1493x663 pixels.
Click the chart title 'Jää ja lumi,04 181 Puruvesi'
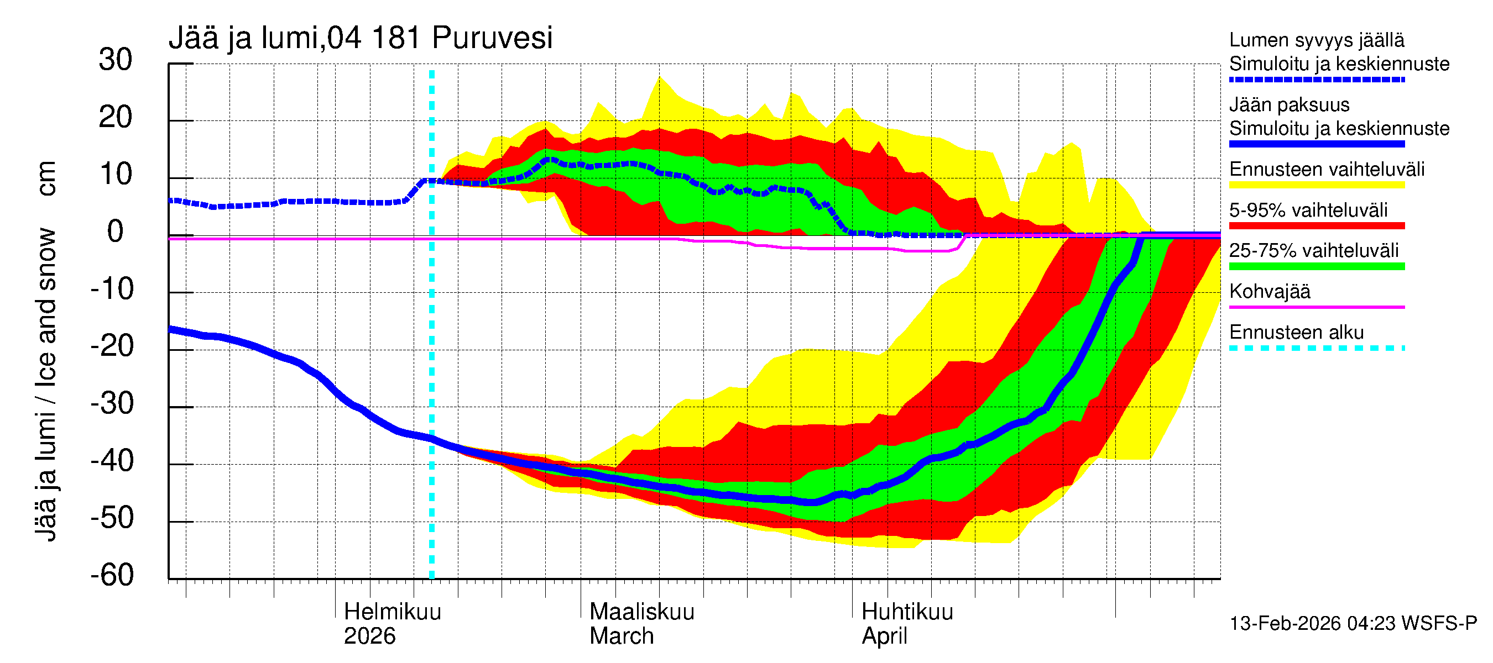[x=360, y=38]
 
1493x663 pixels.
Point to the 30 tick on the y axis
[x=116, y=60]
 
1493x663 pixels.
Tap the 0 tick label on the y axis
[x=116, y=232]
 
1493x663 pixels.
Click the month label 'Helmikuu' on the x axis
[x=393, y=612]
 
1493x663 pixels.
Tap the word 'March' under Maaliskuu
[x=622, y=636]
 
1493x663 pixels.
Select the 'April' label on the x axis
[x=884, y=636]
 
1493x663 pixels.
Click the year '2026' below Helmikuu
[x=369, y=636]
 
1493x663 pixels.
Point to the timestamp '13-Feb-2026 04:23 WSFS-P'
[x=1353, y=624]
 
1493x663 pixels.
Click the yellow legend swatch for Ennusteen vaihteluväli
[x=1316, y=185]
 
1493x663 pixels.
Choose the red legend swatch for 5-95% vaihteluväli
[x=1316, y=226]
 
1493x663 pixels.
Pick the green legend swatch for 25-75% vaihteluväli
[x=1316, y=266]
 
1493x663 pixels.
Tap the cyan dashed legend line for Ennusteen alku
[x=1316, y=349]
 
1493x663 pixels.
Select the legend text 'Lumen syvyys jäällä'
[x=1316, y=40]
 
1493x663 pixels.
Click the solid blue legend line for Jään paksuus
[x=1316, y=144]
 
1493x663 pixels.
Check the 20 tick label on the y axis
[x=116, y=118]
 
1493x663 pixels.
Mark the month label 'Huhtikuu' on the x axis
[x=907, y=612]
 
